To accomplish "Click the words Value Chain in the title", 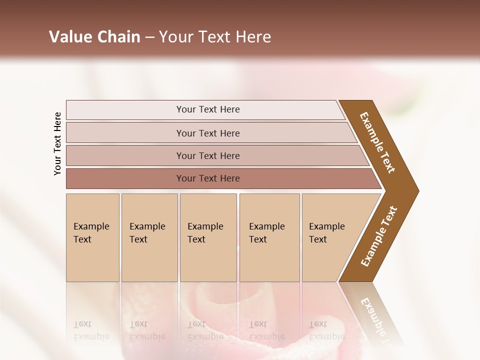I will [94, 37].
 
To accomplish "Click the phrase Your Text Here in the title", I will [215, 37].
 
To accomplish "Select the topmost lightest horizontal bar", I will [207, 109].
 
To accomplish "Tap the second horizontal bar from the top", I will [207, 133].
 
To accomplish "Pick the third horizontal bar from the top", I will [207, 155].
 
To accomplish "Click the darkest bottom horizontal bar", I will [207, 178].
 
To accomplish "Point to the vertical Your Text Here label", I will [57, 143].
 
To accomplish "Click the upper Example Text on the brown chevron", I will [377, 142].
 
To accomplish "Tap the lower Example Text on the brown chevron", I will [379, 236].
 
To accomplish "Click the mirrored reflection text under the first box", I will [91, 330].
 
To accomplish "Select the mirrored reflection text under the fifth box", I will [326, 330].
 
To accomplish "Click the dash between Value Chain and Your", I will [149, 37].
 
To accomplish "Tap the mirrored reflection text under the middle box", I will [205, 330].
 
